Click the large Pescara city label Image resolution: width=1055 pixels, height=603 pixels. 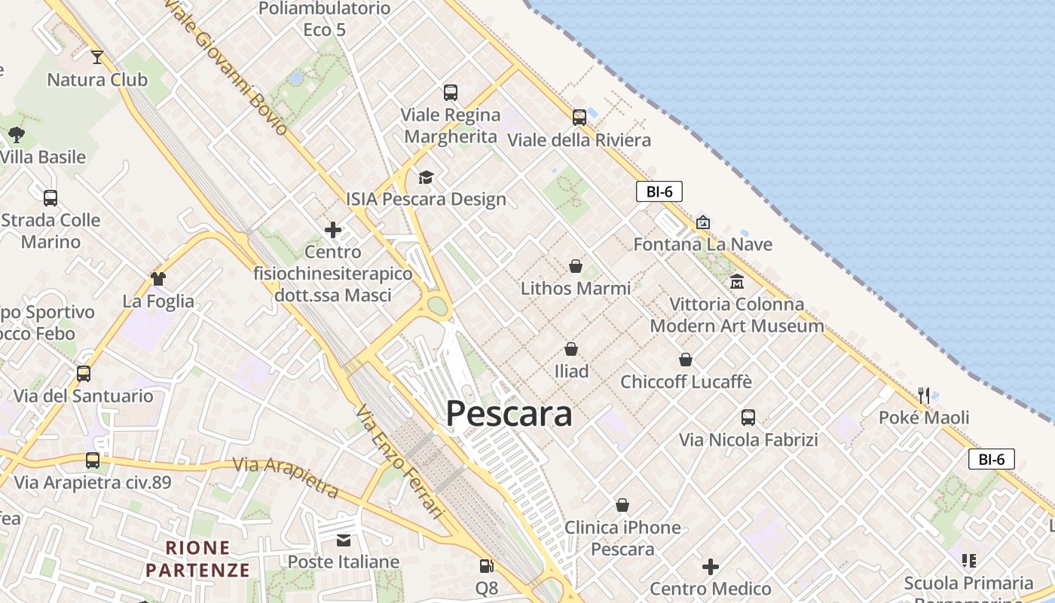click(509, 414)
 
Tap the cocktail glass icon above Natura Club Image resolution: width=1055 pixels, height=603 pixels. click(97, 57)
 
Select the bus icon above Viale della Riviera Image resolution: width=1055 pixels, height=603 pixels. click(579, 118)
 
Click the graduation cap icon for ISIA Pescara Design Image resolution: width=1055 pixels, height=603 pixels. click(426, 177)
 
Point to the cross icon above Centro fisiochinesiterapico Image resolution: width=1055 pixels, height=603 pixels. click(333, 230)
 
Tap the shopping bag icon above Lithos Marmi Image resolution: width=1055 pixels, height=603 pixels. click(575, 266)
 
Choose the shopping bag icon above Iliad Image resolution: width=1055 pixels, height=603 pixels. click(571, 349)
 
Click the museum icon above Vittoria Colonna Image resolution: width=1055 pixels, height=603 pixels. click(736, 282)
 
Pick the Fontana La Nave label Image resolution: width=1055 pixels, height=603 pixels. click(702, 244)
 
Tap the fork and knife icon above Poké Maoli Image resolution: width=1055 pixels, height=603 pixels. click(924, 395)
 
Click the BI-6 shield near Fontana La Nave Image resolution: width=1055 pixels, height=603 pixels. click(659, 191)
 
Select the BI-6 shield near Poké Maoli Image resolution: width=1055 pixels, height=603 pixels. click(992, 459)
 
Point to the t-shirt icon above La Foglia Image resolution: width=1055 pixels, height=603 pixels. click(157, 279)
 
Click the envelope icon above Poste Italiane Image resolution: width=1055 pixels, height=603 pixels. click(344, 540)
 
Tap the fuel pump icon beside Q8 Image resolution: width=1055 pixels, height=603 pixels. click(487, 565)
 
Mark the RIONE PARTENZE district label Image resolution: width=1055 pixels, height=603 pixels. click(197, 559)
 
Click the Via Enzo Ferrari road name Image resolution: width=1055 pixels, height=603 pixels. click(399, 462)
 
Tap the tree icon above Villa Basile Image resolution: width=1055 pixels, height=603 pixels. click(17, 135)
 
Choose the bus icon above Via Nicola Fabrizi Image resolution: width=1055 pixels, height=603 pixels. click(748, 418)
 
